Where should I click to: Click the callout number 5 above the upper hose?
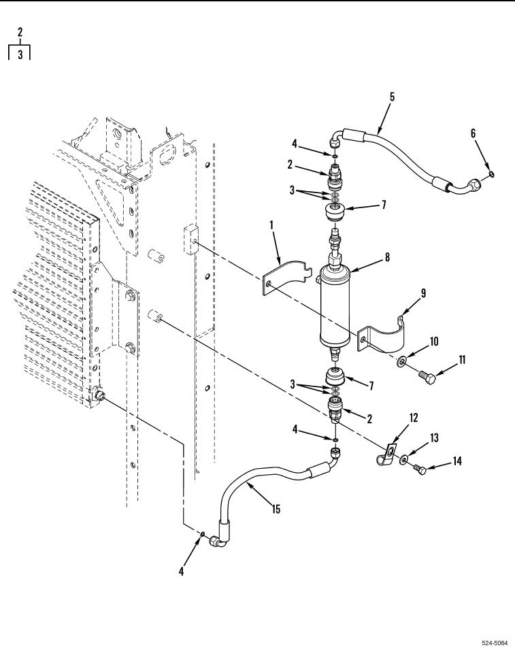pos(392,97)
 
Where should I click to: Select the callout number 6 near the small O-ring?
pos(473,133)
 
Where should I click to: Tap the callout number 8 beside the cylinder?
pos(387,257)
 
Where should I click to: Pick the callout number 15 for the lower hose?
pos(276,509)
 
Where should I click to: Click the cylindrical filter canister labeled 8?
pos(335,308)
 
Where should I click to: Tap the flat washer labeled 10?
pos(401,361)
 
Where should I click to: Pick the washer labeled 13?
pos(403,458)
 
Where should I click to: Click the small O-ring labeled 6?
pos(491,174)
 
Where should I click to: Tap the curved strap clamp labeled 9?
pos(382,335)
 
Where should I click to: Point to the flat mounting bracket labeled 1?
pos(285,276)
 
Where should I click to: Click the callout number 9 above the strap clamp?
pos(423,293)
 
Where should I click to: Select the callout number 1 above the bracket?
pos(271,225)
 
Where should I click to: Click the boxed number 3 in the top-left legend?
pos(20,54)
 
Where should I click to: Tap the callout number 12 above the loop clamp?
pos(413,418)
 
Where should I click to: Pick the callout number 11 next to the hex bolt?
pos(461,360)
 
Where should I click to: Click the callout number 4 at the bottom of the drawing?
pos(181,571)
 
